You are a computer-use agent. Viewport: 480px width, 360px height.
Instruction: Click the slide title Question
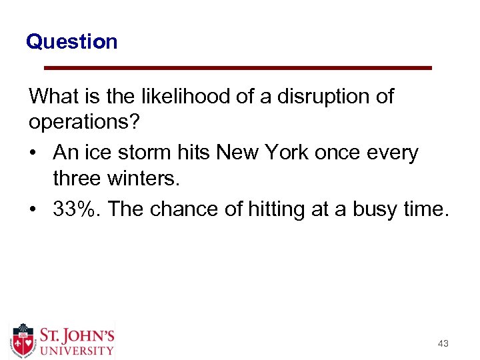71,42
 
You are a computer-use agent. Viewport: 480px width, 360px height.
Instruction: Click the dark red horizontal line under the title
237,68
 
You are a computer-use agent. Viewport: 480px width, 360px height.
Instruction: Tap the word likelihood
177,97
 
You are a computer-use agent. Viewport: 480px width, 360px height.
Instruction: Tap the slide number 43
443,343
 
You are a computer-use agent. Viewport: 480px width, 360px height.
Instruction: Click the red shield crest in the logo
24,340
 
